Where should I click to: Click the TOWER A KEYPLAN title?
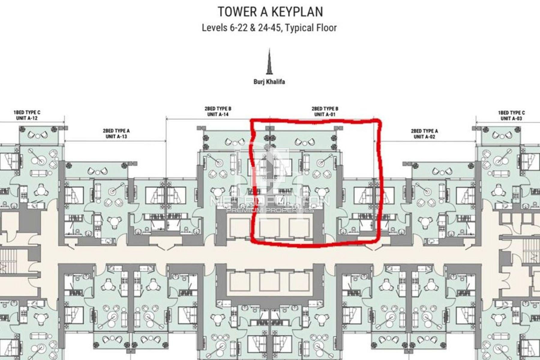(270, 12)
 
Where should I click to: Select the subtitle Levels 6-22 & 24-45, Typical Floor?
(269, 28)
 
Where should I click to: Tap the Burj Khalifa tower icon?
(269, 62)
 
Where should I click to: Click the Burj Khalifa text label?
(269, 82)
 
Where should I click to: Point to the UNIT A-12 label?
(27, 118)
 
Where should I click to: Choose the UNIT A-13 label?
(116, 136)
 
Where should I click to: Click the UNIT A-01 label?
(325, 114)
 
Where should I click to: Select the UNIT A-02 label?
(424, 137)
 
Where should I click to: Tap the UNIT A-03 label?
(511, 118)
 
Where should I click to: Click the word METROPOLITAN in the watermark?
(270, 201)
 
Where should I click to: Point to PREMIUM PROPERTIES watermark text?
(270, 210)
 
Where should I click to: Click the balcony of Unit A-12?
(38, 135)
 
